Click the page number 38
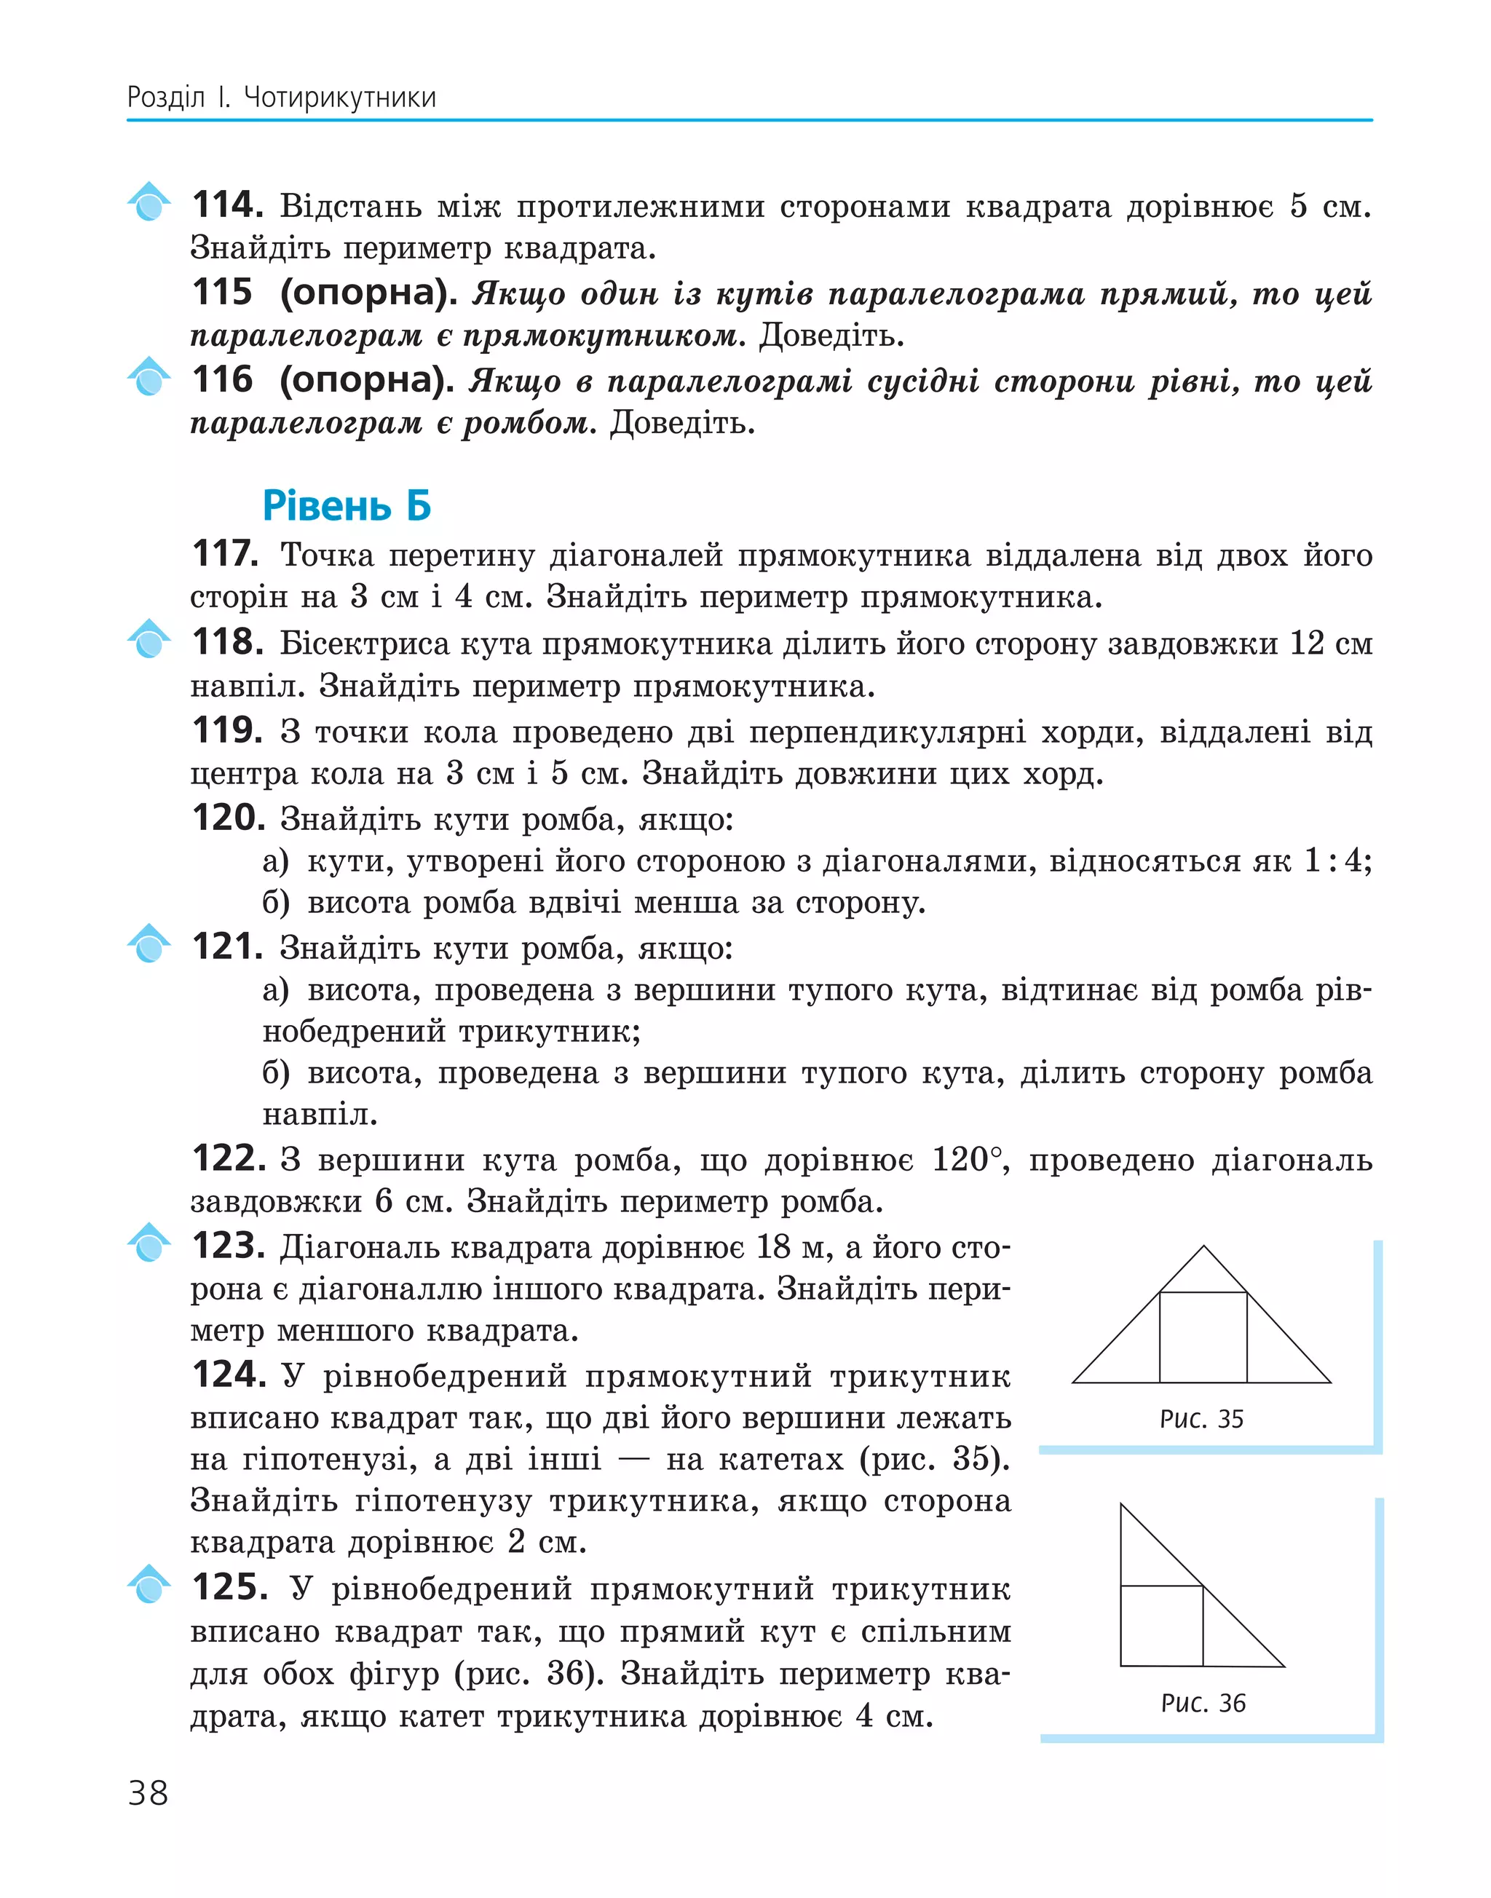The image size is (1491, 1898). (148, 1792)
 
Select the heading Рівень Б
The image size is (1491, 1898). (347, 507)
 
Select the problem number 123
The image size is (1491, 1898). (228, 1246)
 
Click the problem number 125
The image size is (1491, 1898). (229, 1587)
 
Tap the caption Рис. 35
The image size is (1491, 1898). (1201, 1419)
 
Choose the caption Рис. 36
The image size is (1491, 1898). (1203, 1702)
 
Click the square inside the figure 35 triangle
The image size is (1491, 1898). (1203, 1337)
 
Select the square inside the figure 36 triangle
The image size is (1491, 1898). (1161, 1626)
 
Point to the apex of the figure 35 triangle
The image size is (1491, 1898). (1204, 1246)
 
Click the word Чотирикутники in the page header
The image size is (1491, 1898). (339, 97)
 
